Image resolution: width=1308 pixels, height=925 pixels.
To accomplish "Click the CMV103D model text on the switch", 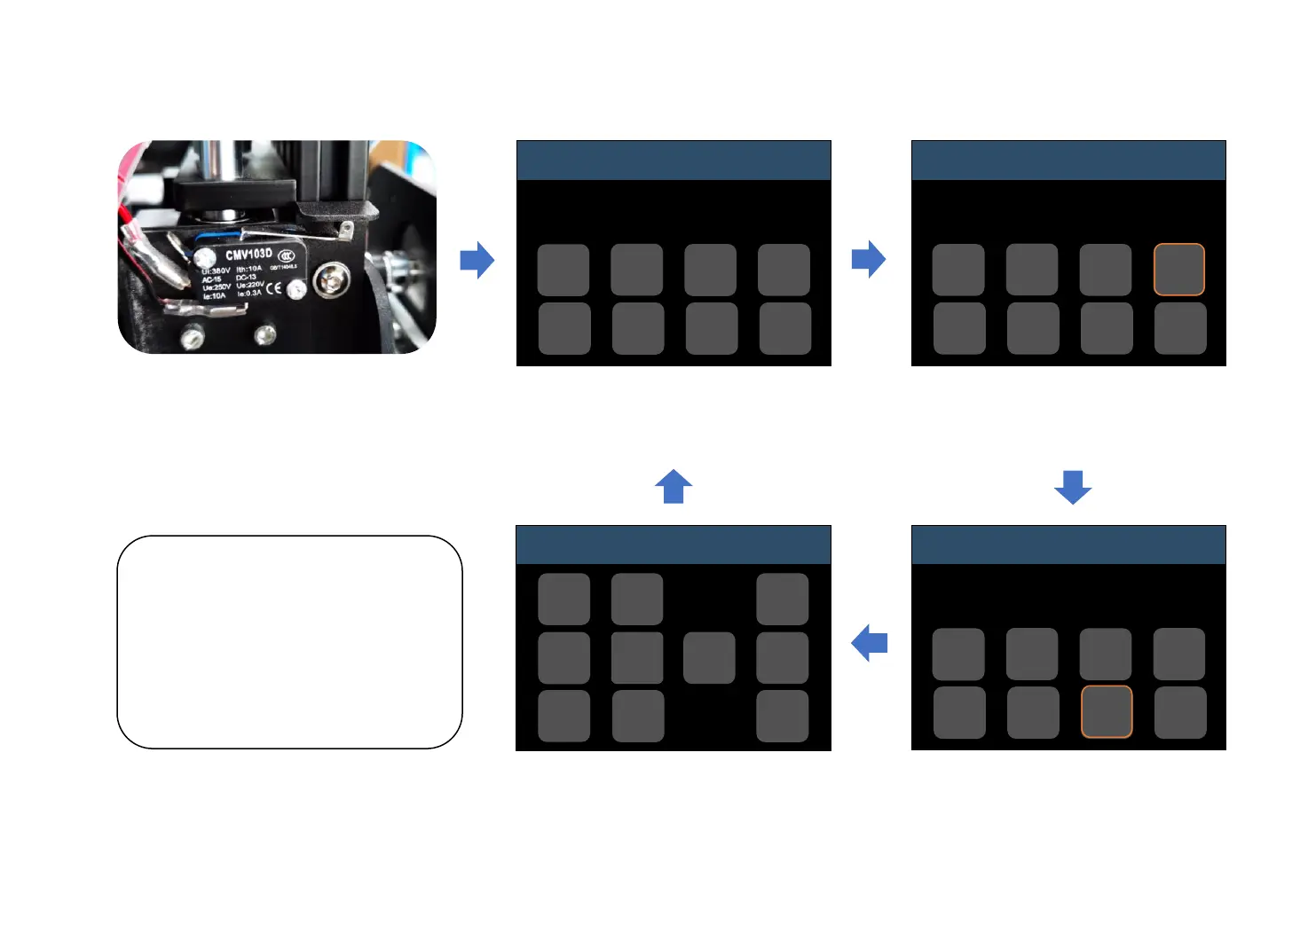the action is coord(248,255).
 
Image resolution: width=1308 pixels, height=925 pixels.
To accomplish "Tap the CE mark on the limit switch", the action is coord(273,288).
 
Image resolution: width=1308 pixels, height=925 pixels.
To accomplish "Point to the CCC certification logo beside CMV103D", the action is coord(286,255).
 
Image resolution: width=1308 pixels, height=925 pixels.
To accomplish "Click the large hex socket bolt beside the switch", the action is coord(332,281).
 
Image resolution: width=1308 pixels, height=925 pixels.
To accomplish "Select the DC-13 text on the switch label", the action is coord(246,277).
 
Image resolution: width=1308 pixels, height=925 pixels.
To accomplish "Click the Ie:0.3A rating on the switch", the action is coord(248,293).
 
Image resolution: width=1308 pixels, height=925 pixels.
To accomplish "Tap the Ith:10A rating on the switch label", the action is coord(248,268).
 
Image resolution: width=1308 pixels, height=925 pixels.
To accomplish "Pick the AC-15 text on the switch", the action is coord(211,279).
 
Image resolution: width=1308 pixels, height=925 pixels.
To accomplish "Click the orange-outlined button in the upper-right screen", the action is coord(1178,270).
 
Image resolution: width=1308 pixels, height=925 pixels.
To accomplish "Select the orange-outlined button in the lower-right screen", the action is coord(1106,712).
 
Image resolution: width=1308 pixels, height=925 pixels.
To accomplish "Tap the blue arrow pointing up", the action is coord(674,486).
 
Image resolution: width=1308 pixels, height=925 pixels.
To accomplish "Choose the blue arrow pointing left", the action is coord(870,643).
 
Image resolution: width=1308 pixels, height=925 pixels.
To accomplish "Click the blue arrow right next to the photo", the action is coord(477,260).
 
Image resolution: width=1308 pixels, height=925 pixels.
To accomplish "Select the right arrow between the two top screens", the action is coord(869,259).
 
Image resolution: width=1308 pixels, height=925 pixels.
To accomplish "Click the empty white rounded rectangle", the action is coord(289,642).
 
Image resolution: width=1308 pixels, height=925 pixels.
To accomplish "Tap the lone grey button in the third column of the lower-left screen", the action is coord(709,658).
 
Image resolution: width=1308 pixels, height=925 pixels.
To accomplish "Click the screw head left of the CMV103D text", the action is coord(206,258).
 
